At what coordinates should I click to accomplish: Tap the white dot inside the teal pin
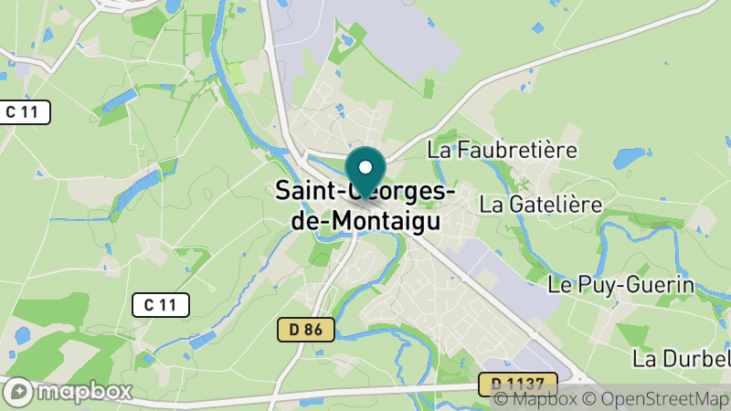coord(365,167)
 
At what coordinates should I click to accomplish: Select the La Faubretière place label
coord(503,149)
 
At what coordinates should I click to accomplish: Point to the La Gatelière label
coord(541,204)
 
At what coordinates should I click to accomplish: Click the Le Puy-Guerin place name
coord(621,285)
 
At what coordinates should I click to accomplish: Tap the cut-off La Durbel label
coord(681,356)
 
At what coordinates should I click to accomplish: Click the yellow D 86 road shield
coord(306,330)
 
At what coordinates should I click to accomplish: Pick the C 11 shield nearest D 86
coord(160,305)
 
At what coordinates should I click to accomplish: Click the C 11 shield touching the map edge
coord(24,112)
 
